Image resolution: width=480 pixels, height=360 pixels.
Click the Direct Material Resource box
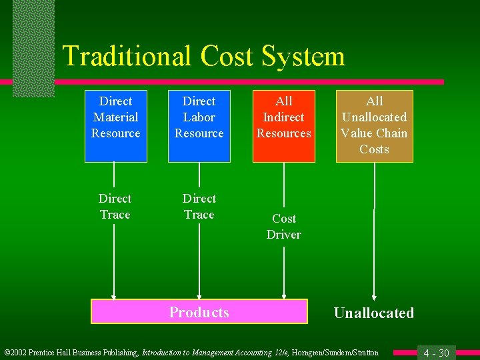115,125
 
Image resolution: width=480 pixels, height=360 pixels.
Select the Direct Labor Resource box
199,125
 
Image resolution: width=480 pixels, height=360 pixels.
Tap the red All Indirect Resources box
284,125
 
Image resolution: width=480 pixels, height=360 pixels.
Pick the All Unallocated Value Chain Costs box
374,125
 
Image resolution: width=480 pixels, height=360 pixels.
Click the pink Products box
199,312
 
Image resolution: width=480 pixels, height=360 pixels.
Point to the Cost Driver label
284,227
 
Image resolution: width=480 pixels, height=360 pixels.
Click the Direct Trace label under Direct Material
115,207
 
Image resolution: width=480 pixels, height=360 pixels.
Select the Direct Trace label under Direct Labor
199,207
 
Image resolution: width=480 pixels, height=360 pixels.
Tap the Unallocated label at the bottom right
373,313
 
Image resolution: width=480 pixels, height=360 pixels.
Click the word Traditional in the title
127,56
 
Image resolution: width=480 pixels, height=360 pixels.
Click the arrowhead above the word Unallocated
374,297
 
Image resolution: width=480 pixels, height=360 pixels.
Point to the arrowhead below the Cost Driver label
285,295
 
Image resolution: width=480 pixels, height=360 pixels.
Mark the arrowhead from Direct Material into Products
115,297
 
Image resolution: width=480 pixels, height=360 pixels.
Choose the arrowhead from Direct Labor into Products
199,297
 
